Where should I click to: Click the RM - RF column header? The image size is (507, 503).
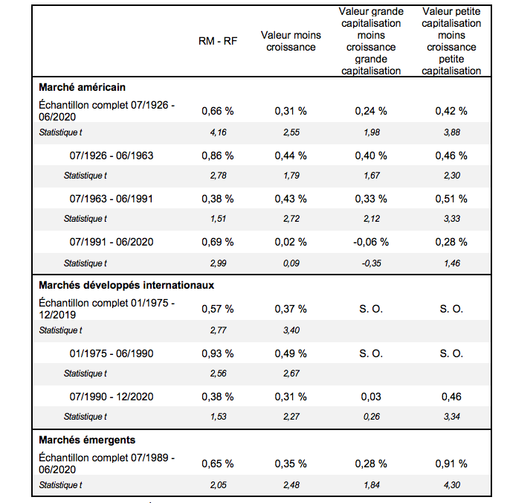(x=218, y=41)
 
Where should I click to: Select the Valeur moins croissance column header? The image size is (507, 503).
(x=291, y=41)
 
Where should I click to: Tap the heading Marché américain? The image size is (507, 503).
(x=82, y=87)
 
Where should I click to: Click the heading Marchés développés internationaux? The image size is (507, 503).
(x=126, y=285)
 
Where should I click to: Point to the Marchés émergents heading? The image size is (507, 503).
(x=87, y=440)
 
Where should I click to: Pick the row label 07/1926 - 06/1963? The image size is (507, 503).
(x=112, y=156)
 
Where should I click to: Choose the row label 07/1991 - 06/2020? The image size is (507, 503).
(x=112, y=242)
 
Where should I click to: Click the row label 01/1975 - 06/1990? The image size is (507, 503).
(x=112, y=353)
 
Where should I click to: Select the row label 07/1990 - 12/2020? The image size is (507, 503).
(x=112, y=397)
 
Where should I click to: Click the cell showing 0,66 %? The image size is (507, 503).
(x=218, y=112)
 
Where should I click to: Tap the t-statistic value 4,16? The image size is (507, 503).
(x=219, y=132)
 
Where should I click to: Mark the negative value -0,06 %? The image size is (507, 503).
(x=371, y=242)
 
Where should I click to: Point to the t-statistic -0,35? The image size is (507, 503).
(x=372, y=263)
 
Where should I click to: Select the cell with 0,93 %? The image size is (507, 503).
(x=218, y=353)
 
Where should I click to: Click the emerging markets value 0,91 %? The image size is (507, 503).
(x=451, y=464)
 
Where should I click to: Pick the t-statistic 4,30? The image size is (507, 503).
(x=452, y=485)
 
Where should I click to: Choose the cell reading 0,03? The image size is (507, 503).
(x=371, y=397)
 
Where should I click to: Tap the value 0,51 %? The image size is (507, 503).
(x=451, y=199)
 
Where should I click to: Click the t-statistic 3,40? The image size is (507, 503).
(x=291, y=330)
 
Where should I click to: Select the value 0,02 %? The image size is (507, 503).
(x=291, y=242)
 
